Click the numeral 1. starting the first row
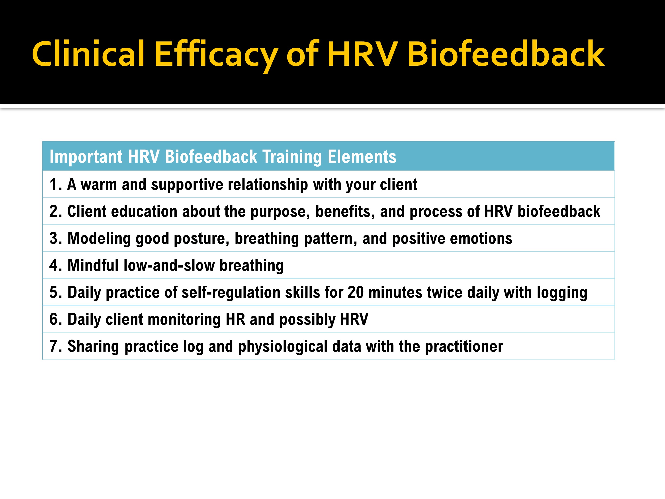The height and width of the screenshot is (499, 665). point(56,184)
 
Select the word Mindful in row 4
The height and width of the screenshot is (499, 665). point(93,265)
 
